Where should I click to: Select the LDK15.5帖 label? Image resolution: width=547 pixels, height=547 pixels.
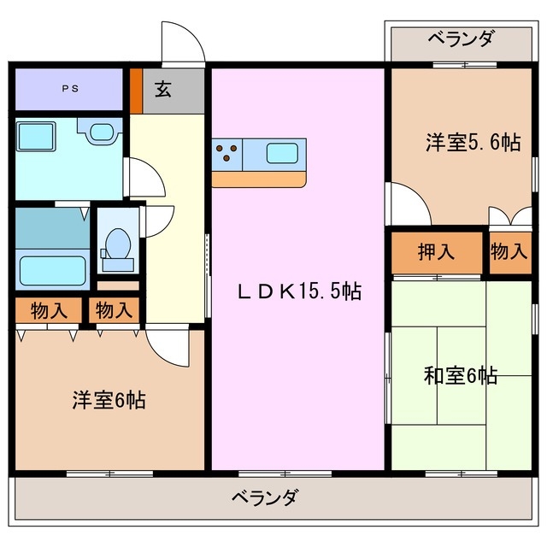click(298, 291)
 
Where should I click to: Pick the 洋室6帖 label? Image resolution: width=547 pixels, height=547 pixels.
click(108, 399)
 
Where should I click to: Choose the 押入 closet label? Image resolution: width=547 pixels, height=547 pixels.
click(436, 252)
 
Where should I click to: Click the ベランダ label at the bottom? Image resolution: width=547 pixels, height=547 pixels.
click(266, 497)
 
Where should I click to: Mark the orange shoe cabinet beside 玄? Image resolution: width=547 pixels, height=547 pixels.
click(135, 89)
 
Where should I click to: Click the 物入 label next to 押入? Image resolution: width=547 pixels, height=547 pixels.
click(509, 252)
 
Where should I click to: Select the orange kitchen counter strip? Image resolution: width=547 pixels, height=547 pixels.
click(259, 180)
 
